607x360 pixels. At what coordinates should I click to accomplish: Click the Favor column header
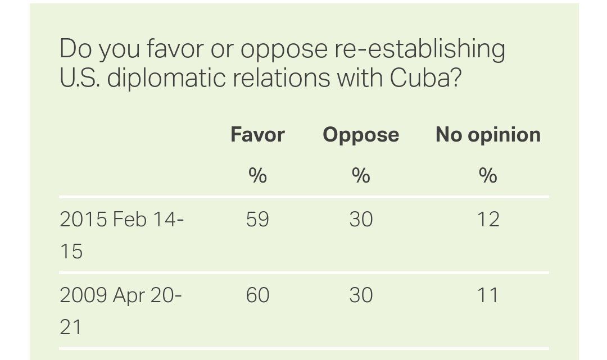257,135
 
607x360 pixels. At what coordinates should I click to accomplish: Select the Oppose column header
361,135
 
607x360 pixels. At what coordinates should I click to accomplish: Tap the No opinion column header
488,135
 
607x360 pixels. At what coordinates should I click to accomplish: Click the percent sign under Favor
257,176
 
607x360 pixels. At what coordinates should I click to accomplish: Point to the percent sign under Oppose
361,176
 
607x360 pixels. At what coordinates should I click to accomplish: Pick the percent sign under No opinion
488,176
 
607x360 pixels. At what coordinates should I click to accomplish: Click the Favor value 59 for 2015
257,219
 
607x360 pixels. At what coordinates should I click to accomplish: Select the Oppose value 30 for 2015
361,219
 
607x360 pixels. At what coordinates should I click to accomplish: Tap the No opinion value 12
488,219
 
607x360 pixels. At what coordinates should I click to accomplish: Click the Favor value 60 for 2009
257,295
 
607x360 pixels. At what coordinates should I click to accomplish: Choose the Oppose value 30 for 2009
361,295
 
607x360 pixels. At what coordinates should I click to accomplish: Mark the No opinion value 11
488,295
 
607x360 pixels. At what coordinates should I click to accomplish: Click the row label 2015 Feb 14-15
121,234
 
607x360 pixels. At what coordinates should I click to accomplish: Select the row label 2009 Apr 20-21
120,310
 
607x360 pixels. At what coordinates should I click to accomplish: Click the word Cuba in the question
425,78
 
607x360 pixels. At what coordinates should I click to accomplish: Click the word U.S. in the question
79,78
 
